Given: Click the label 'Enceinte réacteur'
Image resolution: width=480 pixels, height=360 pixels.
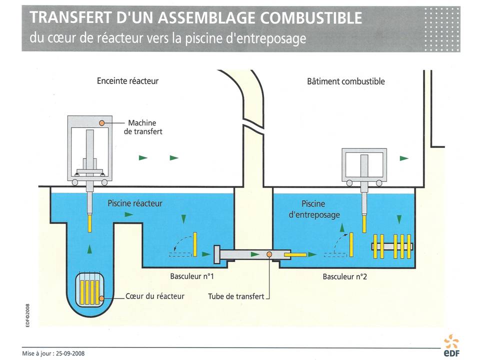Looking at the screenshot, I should pos(127,81).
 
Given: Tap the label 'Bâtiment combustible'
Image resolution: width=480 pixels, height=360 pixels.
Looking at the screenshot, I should pos(346,81).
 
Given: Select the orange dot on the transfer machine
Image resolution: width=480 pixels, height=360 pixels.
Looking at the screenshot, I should pos(102,122).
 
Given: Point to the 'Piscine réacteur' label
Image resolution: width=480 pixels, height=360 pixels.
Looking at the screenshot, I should pos(135,203).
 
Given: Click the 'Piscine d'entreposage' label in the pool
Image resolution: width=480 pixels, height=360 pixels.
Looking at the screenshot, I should pos(320,209).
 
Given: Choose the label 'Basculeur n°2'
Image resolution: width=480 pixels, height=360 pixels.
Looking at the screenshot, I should pos(345,276).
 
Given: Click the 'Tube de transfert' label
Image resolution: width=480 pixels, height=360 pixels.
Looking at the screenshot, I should pos(236,296).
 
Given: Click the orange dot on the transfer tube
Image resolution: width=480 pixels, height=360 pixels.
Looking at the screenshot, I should pos(269,254).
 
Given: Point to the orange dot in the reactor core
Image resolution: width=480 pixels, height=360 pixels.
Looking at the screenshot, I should pos(102,298).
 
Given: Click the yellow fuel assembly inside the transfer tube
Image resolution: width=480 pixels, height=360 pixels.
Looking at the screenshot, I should pos(295,255).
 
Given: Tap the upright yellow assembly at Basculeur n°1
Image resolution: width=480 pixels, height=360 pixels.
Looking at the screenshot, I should pos(196,243).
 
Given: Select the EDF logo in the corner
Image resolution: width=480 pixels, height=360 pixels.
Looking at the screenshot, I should pos(451,345).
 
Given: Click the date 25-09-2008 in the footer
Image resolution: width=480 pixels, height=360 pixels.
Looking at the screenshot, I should pos(68,352).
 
